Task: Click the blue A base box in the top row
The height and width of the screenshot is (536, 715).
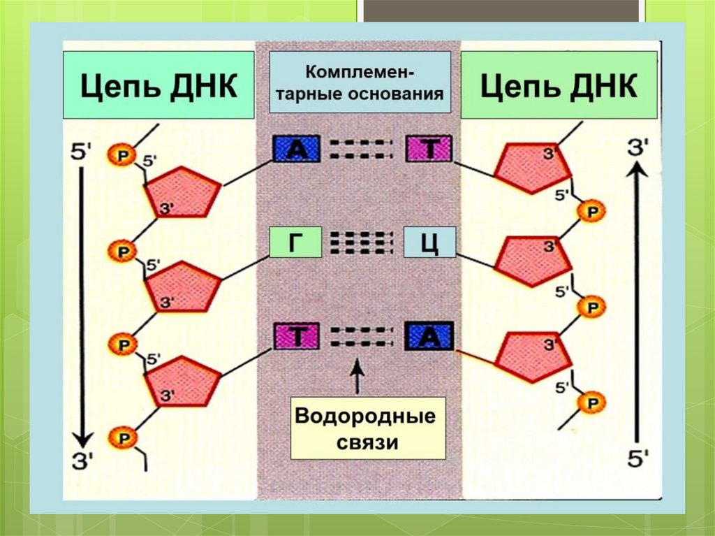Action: pos(296,149)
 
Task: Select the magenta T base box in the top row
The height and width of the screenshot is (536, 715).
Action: pos(429,149)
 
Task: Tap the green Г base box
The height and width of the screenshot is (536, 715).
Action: pos(295,242)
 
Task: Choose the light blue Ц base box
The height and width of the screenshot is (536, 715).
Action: pos(430,242)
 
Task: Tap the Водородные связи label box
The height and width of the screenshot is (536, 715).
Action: pos(368,428)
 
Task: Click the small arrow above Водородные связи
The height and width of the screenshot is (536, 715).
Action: pos(357,377)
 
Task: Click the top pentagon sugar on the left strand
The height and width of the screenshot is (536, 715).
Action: pos(182,191)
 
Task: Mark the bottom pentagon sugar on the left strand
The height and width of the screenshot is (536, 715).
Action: pos(182,380)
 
